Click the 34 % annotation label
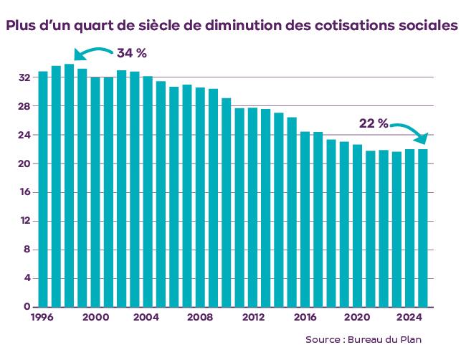(x=131, y=54)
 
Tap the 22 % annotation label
(x=373, y=123)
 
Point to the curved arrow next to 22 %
(x=410, y=129)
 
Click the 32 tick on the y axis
(x=24, y=77)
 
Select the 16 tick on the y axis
(x=24, y=192)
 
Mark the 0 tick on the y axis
(x=27, y=307)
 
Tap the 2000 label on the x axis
(x=96, y=316)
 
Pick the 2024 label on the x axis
(x=409, y=316)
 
